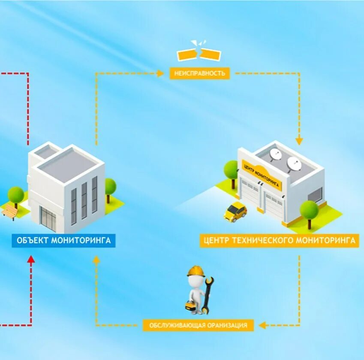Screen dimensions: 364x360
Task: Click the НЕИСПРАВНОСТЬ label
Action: click(x=199, y=73)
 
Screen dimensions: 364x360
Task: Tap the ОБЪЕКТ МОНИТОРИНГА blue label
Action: click(x=63, y=240)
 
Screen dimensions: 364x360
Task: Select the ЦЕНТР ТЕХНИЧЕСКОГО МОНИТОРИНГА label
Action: click(x=278, y=240)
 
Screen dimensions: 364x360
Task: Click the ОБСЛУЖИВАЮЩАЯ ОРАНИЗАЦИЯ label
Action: click(x=198, y=325)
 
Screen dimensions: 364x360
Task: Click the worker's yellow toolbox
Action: click(x=189, y=306)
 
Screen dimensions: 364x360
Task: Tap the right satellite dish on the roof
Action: click(x=294, y=163)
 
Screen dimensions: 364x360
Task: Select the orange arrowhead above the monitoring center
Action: click(x=299, y=141)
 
